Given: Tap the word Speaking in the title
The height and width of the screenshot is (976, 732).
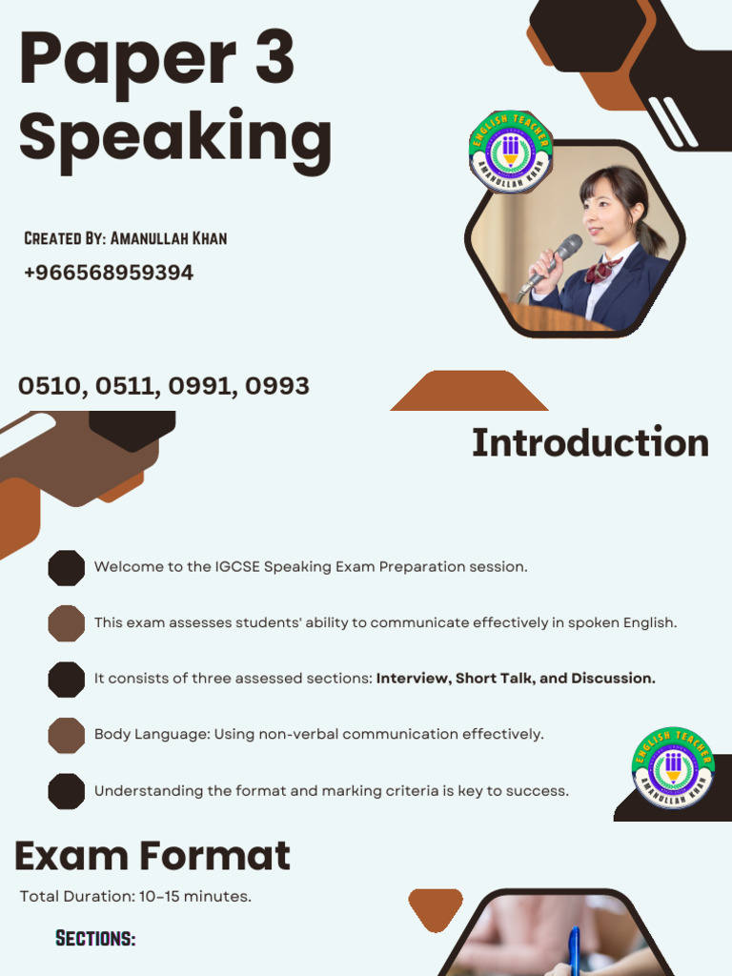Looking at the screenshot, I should point(175,136).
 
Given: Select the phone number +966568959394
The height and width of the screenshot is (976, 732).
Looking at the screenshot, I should point(109,273).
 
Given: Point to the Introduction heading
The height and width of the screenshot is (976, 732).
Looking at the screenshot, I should point(590,443).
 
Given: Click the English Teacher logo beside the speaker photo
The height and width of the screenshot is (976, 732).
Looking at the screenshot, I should point(510,152).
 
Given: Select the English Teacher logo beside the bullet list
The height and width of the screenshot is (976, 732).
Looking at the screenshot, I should point(673,767).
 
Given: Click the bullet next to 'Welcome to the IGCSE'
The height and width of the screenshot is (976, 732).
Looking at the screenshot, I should point(67,567).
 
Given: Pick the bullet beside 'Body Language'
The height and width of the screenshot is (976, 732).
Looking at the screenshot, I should point(67,735).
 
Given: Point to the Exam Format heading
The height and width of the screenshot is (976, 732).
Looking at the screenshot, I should point(152,856).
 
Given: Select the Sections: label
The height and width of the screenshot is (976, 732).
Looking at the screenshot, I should point(95,939).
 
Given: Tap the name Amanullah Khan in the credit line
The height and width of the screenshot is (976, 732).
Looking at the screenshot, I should point(169,237).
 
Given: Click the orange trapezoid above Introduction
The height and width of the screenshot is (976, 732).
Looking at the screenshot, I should point(469,392).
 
